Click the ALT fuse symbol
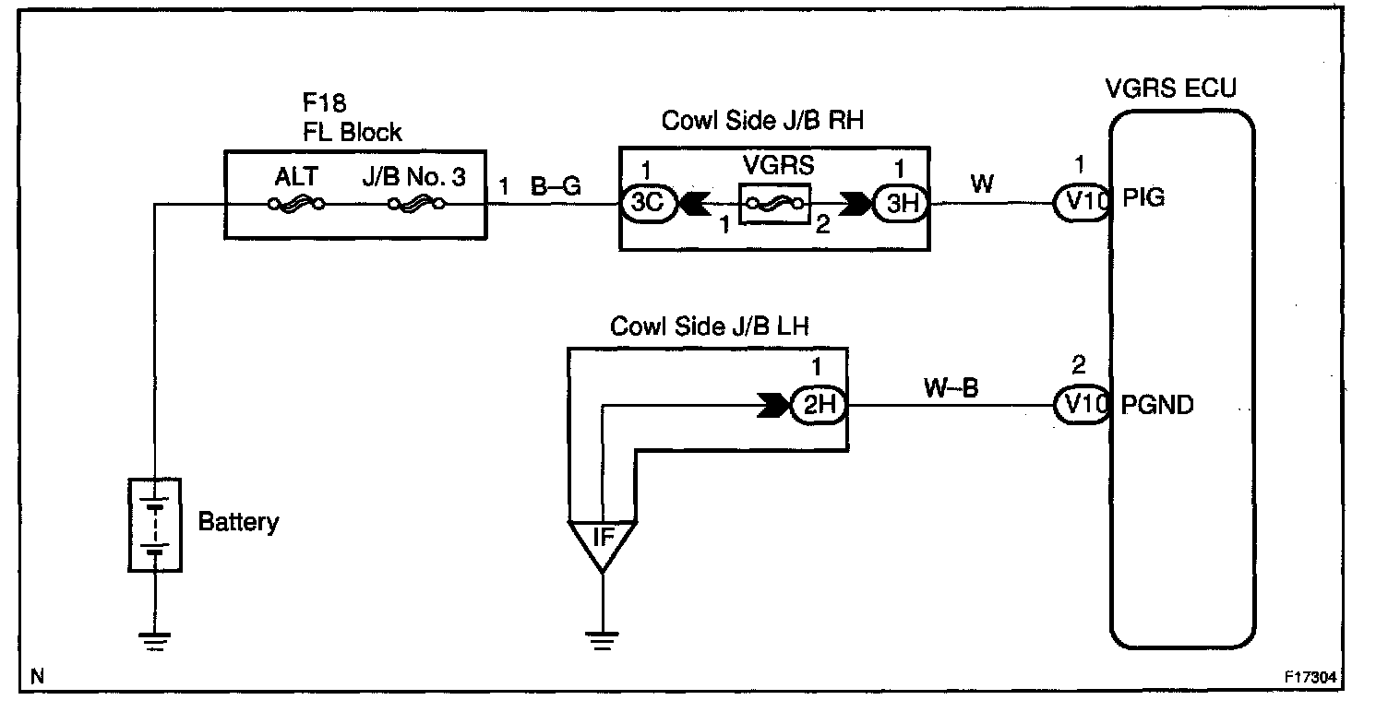pos(296,204)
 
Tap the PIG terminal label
pos(1143,197)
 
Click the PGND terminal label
pos(1156,405)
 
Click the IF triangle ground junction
pos(602,540)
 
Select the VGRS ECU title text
pos(1170,89)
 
